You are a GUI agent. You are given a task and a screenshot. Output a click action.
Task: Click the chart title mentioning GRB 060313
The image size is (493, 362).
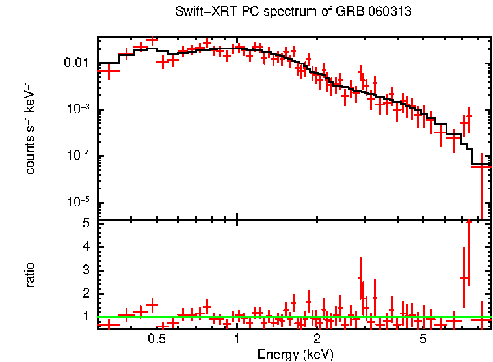coord(294,12)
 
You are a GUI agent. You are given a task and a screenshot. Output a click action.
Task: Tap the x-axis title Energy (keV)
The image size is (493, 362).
coord(295,354)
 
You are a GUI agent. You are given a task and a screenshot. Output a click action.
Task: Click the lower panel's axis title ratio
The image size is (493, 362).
coord(30,275)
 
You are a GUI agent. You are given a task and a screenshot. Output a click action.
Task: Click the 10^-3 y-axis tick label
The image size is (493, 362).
coord(79,109)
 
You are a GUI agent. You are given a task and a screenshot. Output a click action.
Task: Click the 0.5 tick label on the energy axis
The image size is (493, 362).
coord(156,339)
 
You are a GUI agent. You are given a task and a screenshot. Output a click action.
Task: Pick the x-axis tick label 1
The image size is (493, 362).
coord(237,339)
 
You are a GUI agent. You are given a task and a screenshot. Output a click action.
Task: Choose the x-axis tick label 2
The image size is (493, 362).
coord(317,339)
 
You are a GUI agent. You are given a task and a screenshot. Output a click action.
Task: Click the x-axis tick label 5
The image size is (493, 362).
coord(423,339)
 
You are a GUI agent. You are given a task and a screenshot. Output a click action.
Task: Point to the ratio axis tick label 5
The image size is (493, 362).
coord(86,223)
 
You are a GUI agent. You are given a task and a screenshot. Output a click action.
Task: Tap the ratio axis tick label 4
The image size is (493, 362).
coord(86,246)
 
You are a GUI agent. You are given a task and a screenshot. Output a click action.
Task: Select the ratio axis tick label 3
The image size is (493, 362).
coord(86,270)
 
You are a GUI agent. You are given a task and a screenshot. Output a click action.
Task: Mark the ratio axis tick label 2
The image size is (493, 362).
coord(86,293)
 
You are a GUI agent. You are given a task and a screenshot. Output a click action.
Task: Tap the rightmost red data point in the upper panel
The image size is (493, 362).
coord(481,167)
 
